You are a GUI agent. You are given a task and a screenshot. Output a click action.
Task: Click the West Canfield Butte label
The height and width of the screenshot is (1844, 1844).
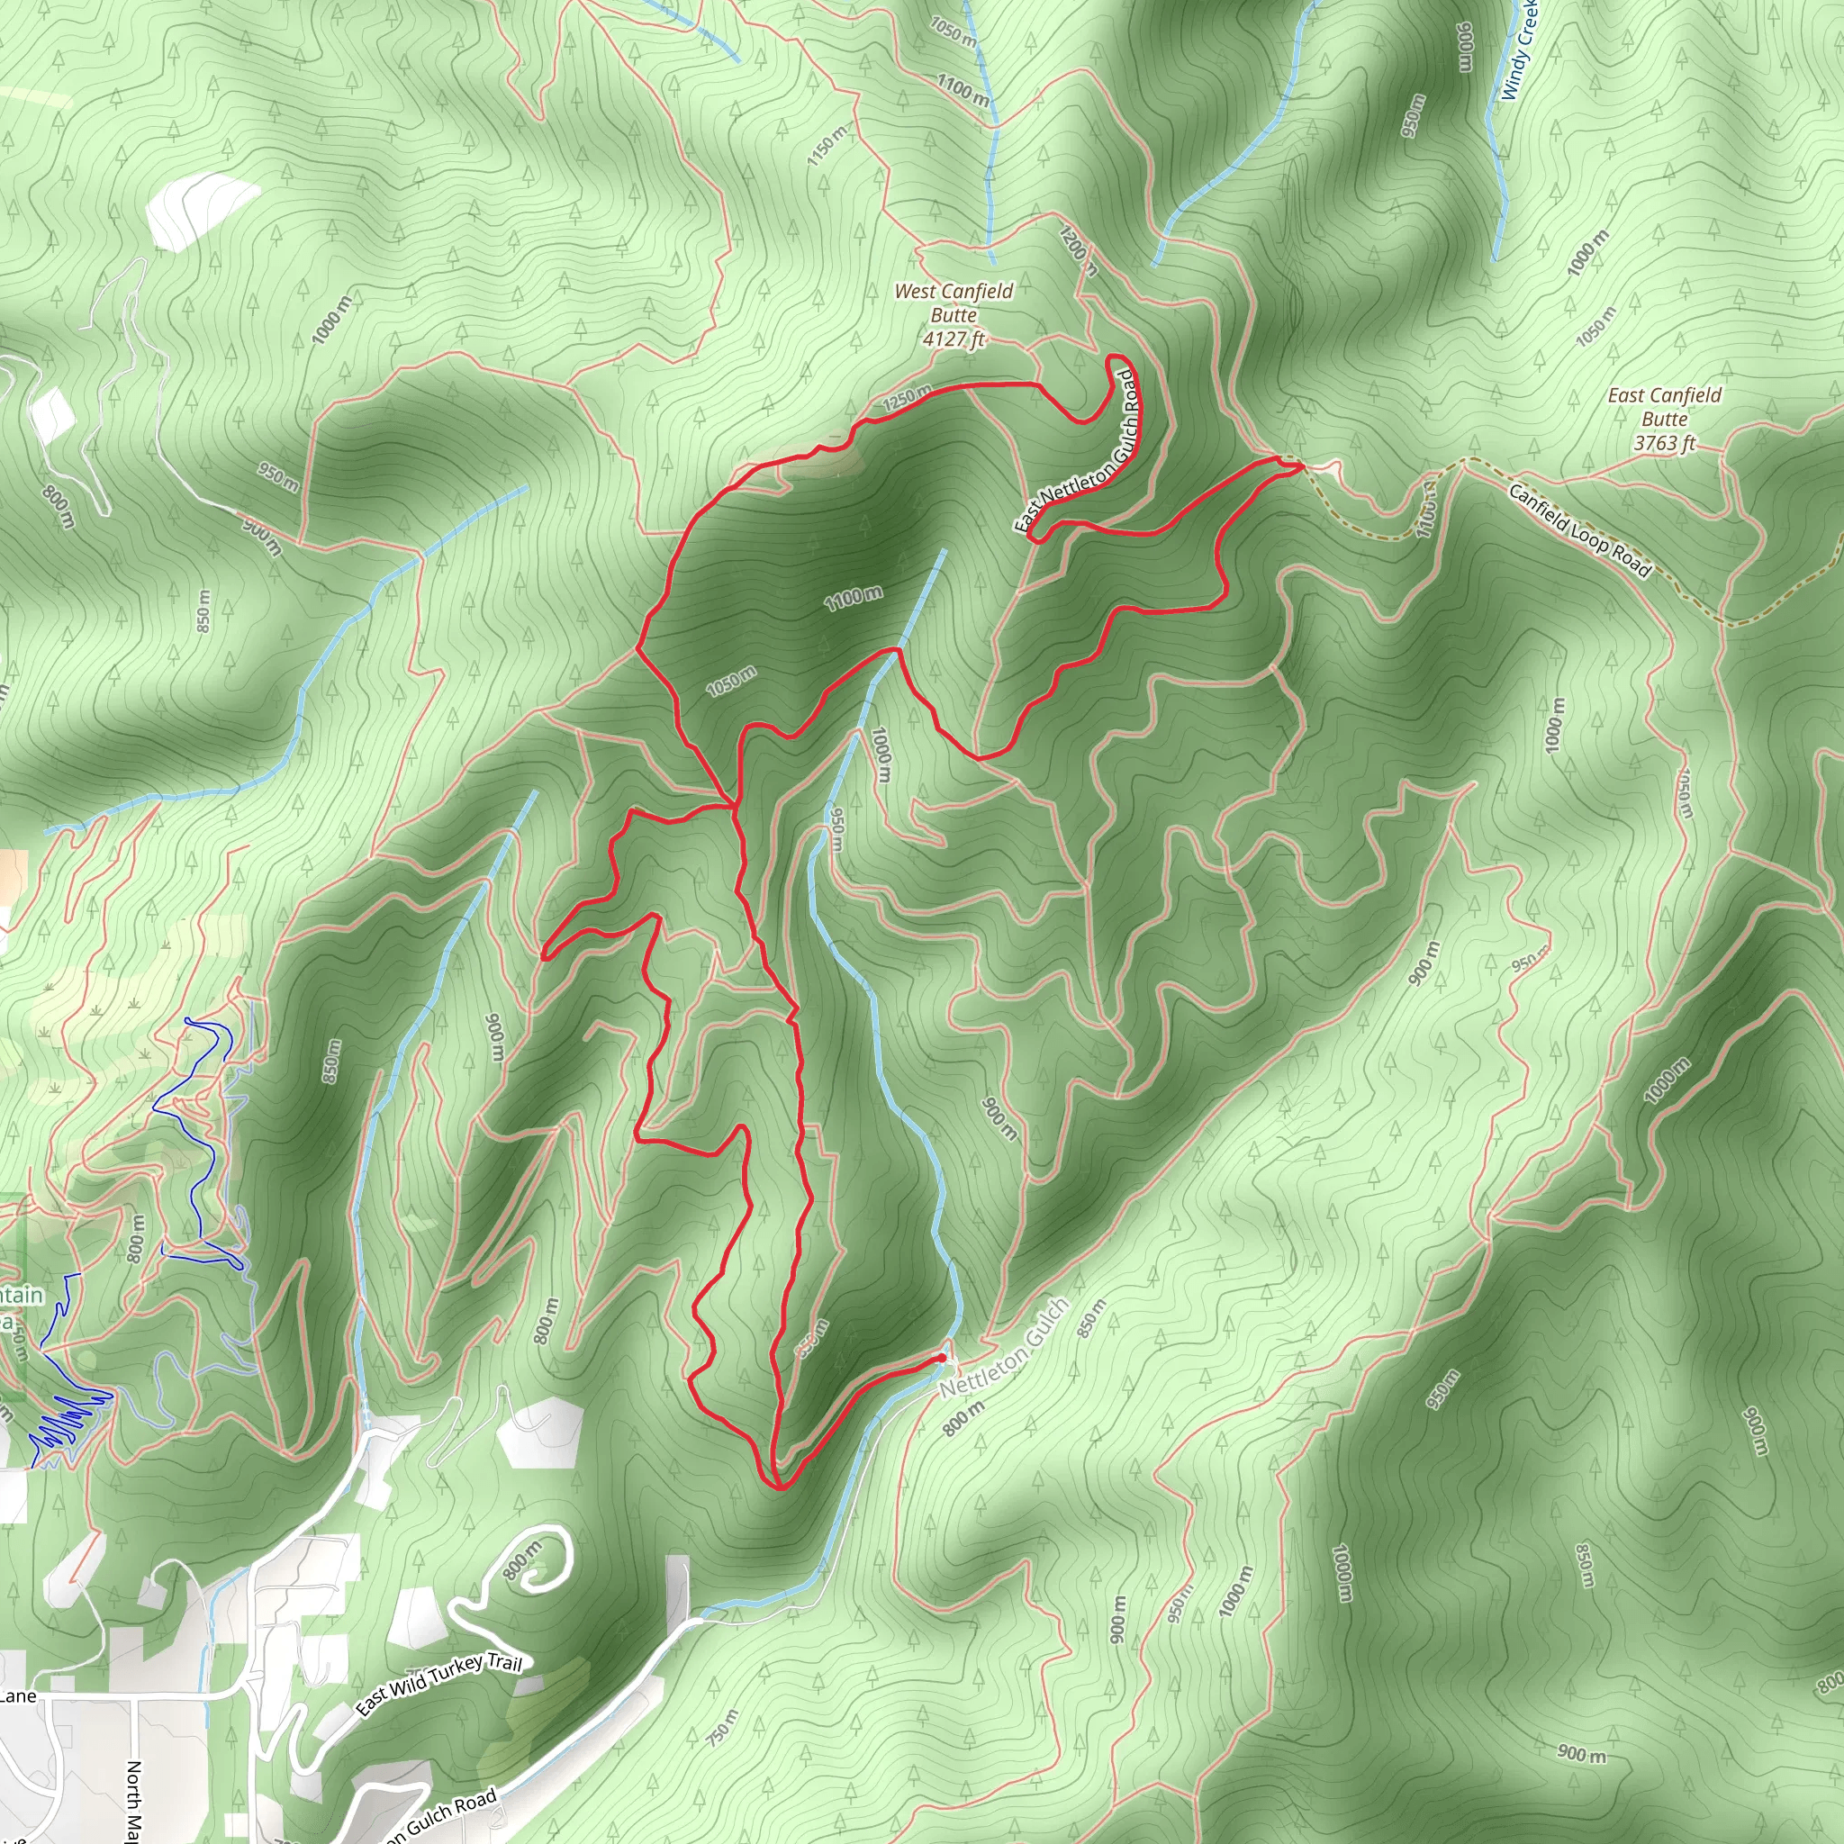[954, 303]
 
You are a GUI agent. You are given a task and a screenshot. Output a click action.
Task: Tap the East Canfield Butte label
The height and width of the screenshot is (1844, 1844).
[1665, 407]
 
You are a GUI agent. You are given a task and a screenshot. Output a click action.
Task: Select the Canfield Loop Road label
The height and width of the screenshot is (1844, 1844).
[1578, 529]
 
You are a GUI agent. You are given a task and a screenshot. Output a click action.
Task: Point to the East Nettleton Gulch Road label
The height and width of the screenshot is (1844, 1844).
[1078, 451]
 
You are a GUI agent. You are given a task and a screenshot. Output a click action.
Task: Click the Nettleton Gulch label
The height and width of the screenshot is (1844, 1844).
[1004, 1348]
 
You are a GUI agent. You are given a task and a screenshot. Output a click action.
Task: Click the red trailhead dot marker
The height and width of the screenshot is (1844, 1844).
[942, 1357]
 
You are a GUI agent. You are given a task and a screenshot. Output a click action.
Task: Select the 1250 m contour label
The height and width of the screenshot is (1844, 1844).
[907, 397]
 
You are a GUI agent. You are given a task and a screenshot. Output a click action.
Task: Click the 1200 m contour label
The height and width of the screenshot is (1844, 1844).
[1078, 250]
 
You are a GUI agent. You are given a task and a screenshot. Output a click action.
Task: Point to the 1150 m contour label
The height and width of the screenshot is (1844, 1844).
[827, 147]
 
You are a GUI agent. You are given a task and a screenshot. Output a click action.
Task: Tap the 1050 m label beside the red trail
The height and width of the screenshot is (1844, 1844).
[731, 681]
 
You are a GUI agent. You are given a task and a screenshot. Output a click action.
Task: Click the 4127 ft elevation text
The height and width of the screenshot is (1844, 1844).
[954, 338]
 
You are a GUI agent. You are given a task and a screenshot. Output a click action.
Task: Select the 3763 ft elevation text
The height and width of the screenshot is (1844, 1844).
[1665, 443]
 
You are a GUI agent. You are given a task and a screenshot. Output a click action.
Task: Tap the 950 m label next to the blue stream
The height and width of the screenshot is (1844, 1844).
[836, 830]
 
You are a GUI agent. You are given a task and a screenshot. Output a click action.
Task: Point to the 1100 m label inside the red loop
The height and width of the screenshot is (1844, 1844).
[854, 599]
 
